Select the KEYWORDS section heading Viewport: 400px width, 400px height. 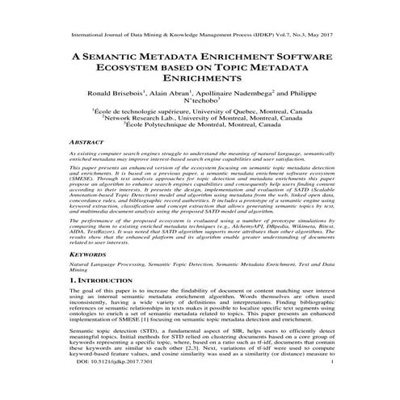89,253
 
